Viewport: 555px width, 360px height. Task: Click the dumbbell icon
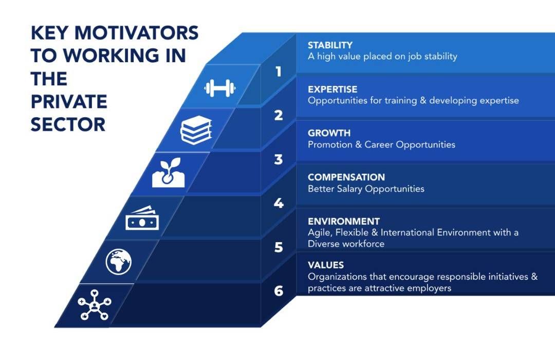click(220, 88)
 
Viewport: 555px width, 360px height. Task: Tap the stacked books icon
click(196, 130)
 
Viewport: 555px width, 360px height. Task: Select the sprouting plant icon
click(169, 173)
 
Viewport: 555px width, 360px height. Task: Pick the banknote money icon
click(142, 218)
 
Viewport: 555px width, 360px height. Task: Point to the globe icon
click(119, 262)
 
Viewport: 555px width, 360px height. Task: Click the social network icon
click(95, 305)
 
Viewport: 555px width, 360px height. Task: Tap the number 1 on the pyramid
click(279, 71)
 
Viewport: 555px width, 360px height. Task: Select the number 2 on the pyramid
click(279, 116)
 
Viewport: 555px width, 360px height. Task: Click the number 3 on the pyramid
click(279, 159)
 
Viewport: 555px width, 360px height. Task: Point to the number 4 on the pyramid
click(279, 203)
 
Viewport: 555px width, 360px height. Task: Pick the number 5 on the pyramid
click(279, 247)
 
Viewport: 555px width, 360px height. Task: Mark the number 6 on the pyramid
click(279, 291)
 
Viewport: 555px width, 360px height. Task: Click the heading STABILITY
click(330, 45)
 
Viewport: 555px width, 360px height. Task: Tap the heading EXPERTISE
click(332, 89)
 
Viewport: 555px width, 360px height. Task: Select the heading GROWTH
click(329, 133)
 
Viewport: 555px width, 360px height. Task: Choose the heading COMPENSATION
click(346, 177)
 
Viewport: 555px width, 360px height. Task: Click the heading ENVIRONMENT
click(344, 222)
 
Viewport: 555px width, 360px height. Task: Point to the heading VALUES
click(326, 265)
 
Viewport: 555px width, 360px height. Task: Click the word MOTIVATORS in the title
click(136, 33)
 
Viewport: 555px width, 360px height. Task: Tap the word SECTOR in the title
click(68, 125)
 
